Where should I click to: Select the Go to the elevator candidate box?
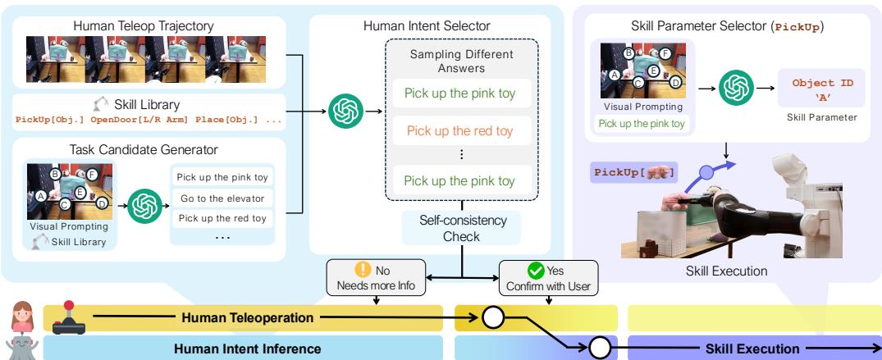222,197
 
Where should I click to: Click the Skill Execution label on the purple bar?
753,349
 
